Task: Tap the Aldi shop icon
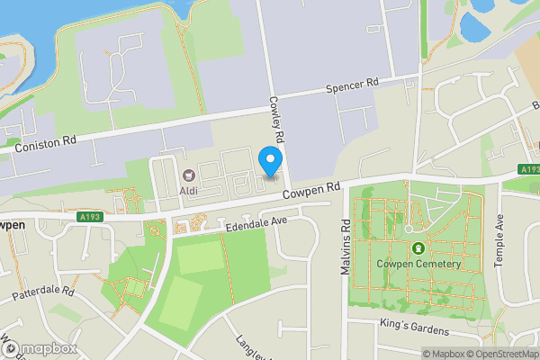click(x=189, y=175)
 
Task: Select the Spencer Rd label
click(x=352, y=85)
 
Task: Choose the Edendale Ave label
click(x=256, y=221)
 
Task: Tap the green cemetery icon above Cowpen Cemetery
click(x=417, y=247)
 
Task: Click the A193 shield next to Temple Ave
click(x=528, y=169)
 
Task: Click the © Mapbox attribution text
click(x=445, y=354)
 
